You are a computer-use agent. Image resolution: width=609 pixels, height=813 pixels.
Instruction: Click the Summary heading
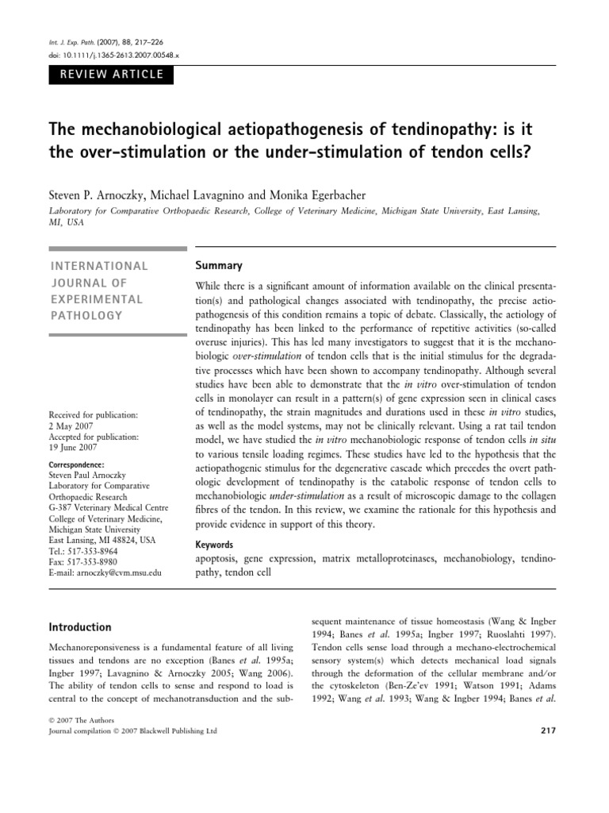218,265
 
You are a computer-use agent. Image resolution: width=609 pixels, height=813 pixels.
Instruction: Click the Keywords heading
214,545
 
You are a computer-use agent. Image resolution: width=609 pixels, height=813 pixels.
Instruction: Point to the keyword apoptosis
219,559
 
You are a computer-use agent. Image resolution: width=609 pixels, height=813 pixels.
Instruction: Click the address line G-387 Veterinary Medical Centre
119,509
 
